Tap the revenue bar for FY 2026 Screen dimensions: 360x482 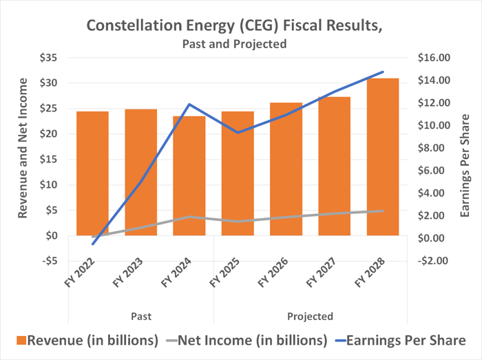[286, 169]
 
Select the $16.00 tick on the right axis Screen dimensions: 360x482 [434, 58]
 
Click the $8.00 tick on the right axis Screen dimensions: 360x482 [434, 148]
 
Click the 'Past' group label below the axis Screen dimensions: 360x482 [141, 316]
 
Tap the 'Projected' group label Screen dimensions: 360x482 [310, 316]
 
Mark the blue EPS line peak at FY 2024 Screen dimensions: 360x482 [189, 105]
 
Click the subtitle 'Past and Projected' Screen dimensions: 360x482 [234, 43]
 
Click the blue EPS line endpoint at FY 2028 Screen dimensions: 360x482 [383, 72]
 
